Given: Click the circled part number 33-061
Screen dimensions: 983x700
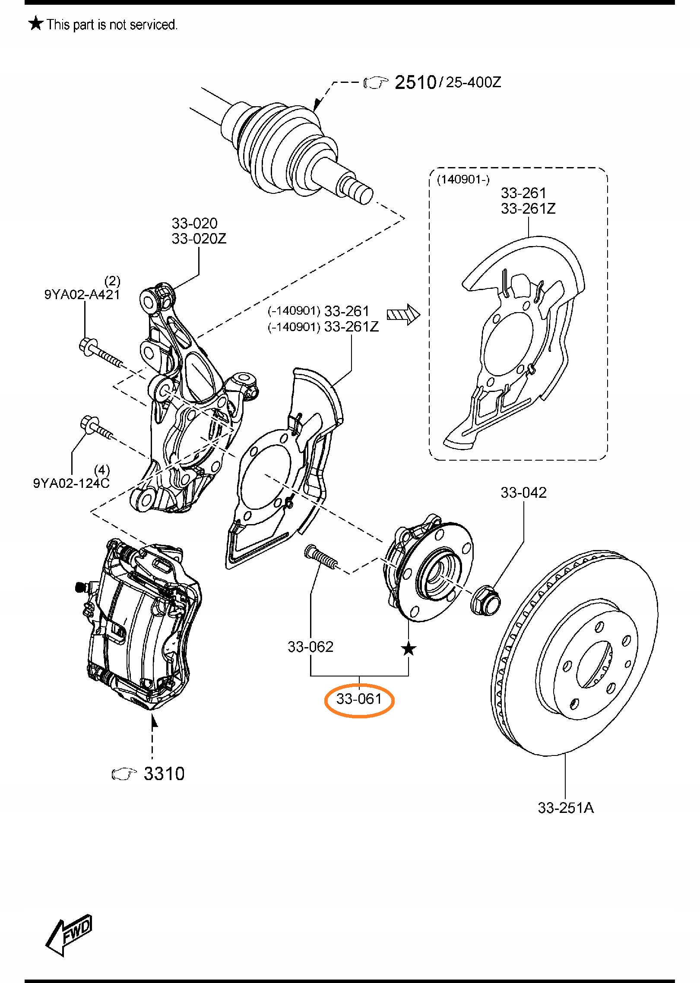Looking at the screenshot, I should [x=359, y=699].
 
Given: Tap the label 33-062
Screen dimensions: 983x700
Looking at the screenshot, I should [x=310, y=647].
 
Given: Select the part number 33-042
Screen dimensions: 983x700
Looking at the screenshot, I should [x=523, y=493].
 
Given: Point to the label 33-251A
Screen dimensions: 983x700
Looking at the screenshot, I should [x=566, y=808].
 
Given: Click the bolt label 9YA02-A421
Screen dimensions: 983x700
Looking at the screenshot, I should [x=82, y=294].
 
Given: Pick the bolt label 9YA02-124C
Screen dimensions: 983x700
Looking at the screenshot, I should [x=71, y=483].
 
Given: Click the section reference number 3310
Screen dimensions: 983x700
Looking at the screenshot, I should [x=164, y=774].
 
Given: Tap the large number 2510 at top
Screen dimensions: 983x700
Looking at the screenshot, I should [x=415, y=82].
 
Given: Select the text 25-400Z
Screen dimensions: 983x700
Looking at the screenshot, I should [x=473, y=82].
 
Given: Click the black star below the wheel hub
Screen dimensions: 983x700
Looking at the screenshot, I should [x=409, y=649].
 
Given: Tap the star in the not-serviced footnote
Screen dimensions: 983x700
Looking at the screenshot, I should [x=36, y=23].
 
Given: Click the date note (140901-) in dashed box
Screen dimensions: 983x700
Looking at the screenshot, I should [x=463, y=180].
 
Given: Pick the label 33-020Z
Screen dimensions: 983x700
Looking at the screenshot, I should [x=199, y=239].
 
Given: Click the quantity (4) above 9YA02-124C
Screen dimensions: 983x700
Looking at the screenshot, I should [x=102, y=470].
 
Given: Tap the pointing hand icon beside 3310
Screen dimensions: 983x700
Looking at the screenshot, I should [x=124, y=774].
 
